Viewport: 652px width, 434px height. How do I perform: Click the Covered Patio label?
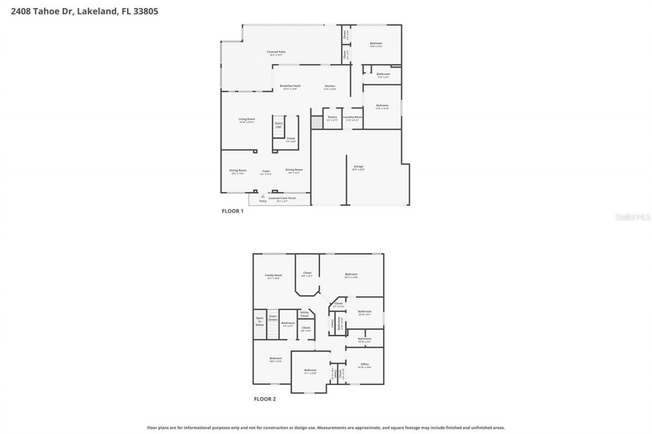pos(276,52)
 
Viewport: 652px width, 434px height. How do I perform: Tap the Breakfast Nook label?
pos(290,86)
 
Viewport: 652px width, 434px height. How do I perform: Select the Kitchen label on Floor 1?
pos(330,86)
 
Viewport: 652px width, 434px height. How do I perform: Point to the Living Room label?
pos(247,119)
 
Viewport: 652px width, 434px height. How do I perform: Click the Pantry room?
pos(332,118)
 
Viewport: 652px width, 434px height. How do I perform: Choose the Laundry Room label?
pos(352,117)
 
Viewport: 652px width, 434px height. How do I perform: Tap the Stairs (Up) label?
pos(279,125)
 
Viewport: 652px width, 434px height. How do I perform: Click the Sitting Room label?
pos(237,170)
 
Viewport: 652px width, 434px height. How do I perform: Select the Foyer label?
pos(266,171)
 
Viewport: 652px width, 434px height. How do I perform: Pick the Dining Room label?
pos(294,170)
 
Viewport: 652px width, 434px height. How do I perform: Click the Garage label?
pos(359,166)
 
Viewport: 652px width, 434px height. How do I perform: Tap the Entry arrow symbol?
pos(263,196)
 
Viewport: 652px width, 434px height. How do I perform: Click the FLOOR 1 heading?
pos(232,211)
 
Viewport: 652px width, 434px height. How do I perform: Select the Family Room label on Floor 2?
pos(273,275)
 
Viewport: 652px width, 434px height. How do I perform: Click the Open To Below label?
pos(260,322)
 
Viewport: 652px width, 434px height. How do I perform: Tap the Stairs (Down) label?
pos(273,318)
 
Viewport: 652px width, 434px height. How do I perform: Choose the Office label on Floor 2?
pos(365,364)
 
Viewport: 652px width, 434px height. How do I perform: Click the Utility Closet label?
pos(305,314)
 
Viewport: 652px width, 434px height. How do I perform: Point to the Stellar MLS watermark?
pos(633,217)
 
